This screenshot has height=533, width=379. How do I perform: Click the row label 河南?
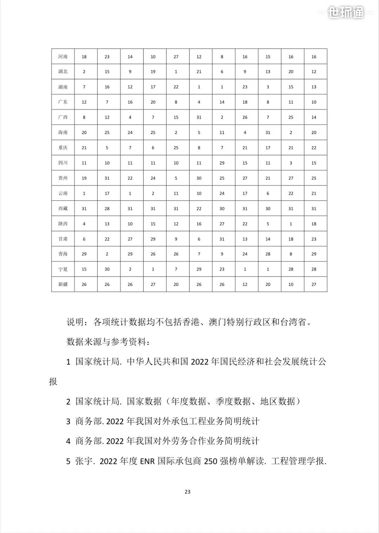point(63,56)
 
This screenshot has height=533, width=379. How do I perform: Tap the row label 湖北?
point(63,72)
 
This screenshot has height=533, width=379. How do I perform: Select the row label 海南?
point(63,132)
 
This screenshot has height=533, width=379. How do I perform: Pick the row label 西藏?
point(63,208)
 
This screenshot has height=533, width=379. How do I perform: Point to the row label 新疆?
point(63,284)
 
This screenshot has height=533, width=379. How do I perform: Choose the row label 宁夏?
point(63,269)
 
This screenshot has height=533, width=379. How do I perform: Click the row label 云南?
point(63,193)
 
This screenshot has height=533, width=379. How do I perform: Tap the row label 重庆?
point(63,148)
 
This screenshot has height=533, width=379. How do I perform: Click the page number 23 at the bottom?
point(187,492)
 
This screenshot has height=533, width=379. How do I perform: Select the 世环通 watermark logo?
point(346,13)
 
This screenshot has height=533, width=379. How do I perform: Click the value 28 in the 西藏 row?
point(107,208)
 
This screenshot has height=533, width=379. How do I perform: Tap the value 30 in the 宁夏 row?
point(107,269)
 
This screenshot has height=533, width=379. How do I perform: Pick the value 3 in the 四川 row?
point(291,163)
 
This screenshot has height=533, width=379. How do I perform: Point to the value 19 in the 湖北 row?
point(153,72)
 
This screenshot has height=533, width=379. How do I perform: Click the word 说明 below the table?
point(75,322)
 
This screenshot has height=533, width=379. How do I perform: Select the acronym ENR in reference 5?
point(147,461)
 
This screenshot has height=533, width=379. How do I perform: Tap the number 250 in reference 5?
point(211,461)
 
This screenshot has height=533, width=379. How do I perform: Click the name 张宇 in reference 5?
point(84,461)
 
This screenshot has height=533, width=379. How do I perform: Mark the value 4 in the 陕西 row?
point(84,224)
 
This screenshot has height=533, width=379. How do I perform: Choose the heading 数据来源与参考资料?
point(108,341)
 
